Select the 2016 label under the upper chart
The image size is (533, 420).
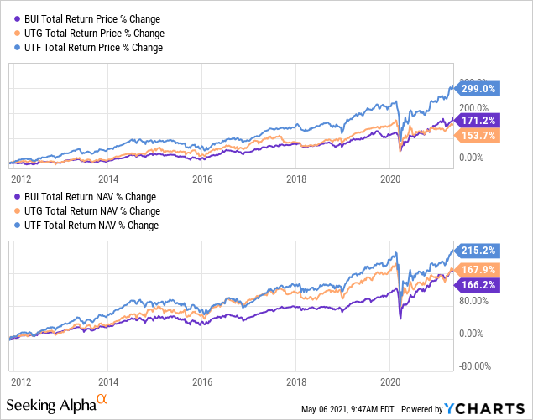(201, 179)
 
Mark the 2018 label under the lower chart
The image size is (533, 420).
(296, 379)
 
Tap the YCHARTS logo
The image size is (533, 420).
(486, 408)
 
